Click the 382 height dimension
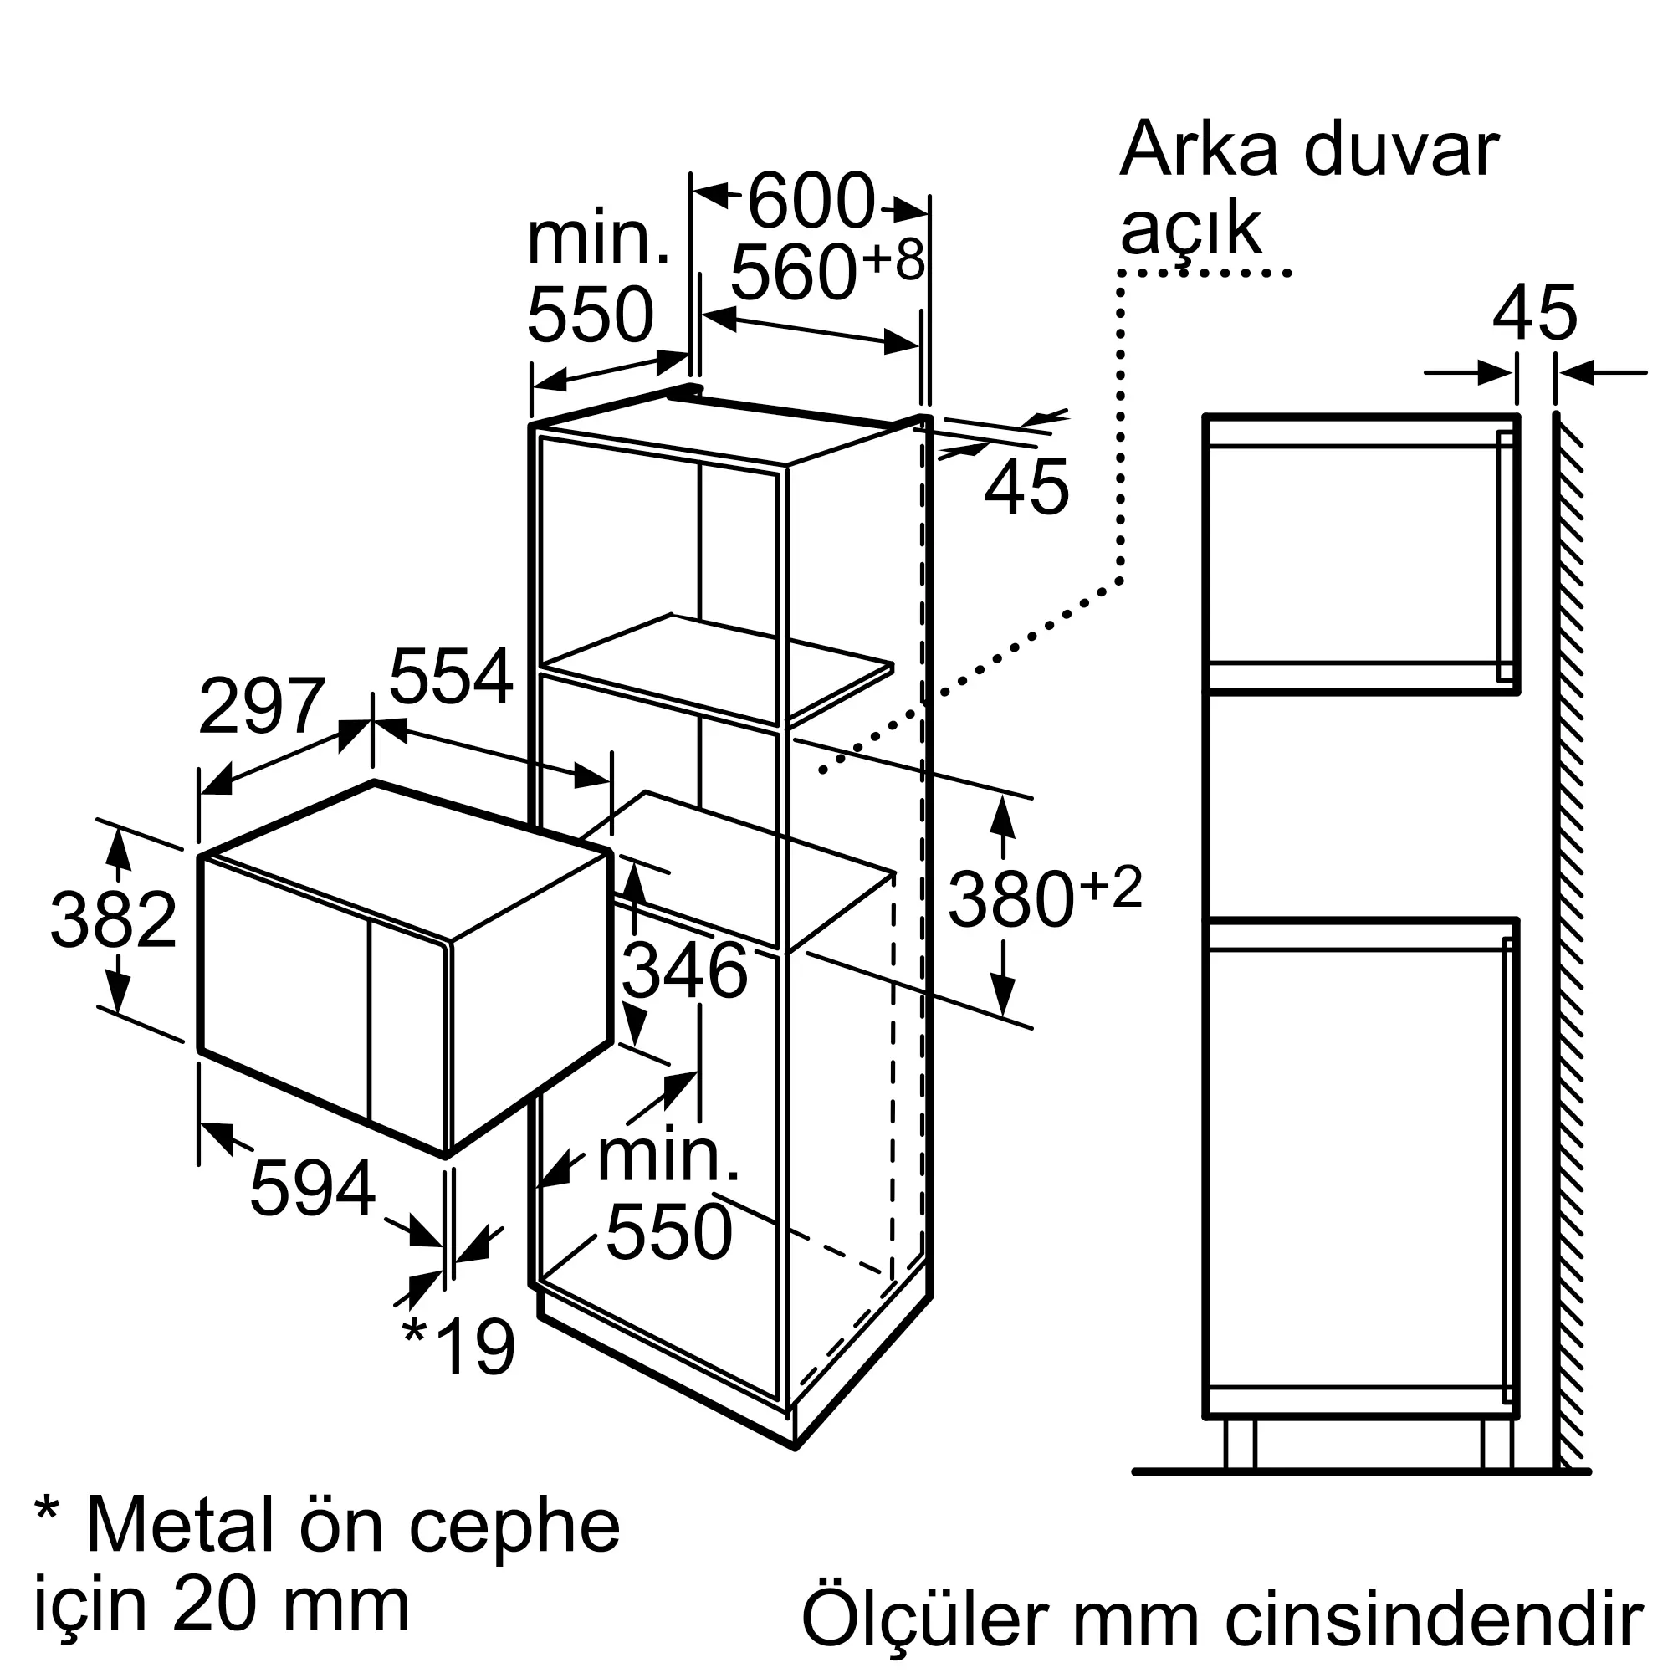pyautogui.click(x=114, y=919)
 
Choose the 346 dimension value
pyautogui.click(x=684, y=970)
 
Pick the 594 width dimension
pyautogui.click(x=313, y=1189)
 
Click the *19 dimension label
pyautogui.click(x=460, y=1346)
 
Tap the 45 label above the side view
pyautogui.click(x=1534, y=313)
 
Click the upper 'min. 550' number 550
pyautogui.click(x=590, y=315)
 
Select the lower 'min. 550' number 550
pyautogui.click(x=668, y=1230)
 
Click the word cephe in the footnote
pyautogui.click(x=514, y=1525)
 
